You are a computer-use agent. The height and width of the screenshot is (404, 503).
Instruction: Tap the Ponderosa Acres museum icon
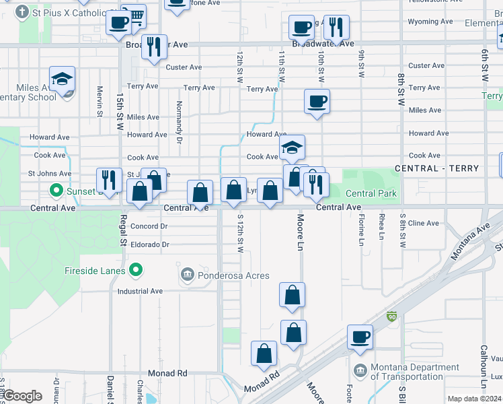tap(187, 275)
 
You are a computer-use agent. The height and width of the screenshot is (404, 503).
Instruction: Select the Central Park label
tap(371, 193)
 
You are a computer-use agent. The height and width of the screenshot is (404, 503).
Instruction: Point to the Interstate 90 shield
tap(392, 316)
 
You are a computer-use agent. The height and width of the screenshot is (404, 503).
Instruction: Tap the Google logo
tap(22, 396)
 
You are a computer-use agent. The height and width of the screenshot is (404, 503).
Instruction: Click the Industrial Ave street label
tap(140, 292)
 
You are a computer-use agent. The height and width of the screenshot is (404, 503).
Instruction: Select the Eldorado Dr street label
tap(150, 244)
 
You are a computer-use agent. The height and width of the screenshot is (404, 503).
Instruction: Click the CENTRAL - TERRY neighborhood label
tap(436, 168)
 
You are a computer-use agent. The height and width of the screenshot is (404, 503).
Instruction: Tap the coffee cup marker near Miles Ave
tap(317, 102)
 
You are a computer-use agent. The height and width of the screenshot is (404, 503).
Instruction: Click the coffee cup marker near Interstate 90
tap(360, 337)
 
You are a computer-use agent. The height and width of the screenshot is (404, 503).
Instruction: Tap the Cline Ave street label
tap(423, 223)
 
